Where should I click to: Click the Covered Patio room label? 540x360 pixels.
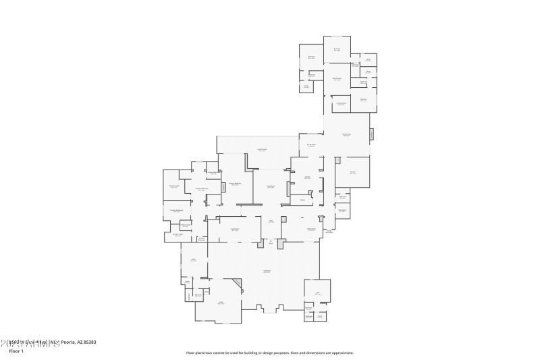(261, 149)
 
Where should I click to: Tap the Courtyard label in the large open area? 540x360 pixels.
(267, 272)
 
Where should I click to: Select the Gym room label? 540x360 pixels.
(317, 292)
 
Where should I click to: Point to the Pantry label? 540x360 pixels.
(302, 200)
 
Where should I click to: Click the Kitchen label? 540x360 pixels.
(307, 178)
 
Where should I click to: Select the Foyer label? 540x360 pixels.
(271, 221)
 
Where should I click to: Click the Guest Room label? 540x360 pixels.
(235, 230)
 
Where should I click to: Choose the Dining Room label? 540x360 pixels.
(312, 230)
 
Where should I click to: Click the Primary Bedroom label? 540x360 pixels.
(234, 183)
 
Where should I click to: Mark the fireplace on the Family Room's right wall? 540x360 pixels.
(371, 134)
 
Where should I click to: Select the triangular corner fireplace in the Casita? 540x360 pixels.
(237, 284)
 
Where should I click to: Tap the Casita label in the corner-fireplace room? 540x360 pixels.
(221, 303)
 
